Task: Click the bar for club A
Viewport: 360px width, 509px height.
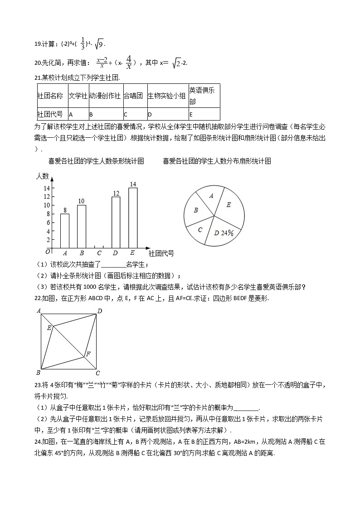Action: click(x=65, y=230)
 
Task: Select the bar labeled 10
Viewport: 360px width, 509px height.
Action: click(x=82, y=226)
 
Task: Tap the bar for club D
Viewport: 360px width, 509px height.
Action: click(x=116, y=222)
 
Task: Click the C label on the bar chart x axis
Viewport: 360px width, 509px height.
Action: click(x=99, y=253)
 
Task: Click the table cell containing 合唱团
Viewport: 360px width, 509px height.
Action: click(x=135, y=96)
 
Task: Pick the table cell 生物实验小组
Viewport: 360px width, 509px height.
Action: click(x=167, y=96)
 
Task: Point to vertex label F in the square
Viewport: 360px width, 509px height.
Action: click(x=88, y=354)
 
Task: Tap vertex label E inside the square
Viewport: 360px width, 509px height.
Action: click(x=49, y=327)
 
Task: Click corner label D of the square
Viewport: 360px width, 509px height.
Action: click(x=99, y=311)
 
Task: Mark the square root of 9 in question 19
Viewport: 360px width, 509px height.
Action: click(x=99, y=44)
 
